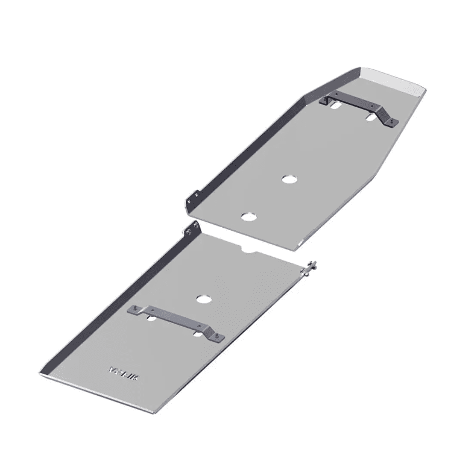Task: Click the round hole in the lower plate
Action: point(203,298)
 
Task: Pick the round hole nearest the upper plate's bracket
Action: point(288,178)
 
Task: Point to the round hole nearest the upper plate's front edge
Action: point(247,216)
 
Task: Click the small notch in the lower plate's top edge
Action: point(248,248)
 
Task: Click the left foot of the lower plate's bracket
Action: point(135,311)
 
